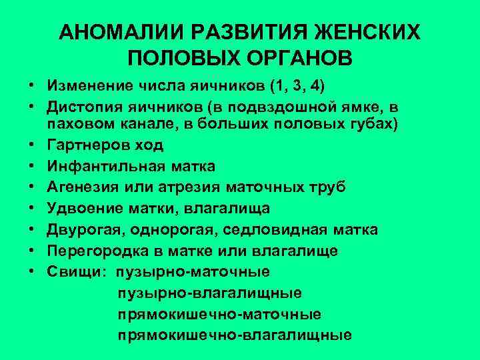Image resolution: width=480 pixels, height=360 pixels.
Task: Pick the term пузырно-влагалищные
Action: click(x=209, y=293)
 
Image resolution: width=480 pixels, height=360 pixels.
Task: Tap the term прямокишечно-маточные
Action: click(x=219, y=313)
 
